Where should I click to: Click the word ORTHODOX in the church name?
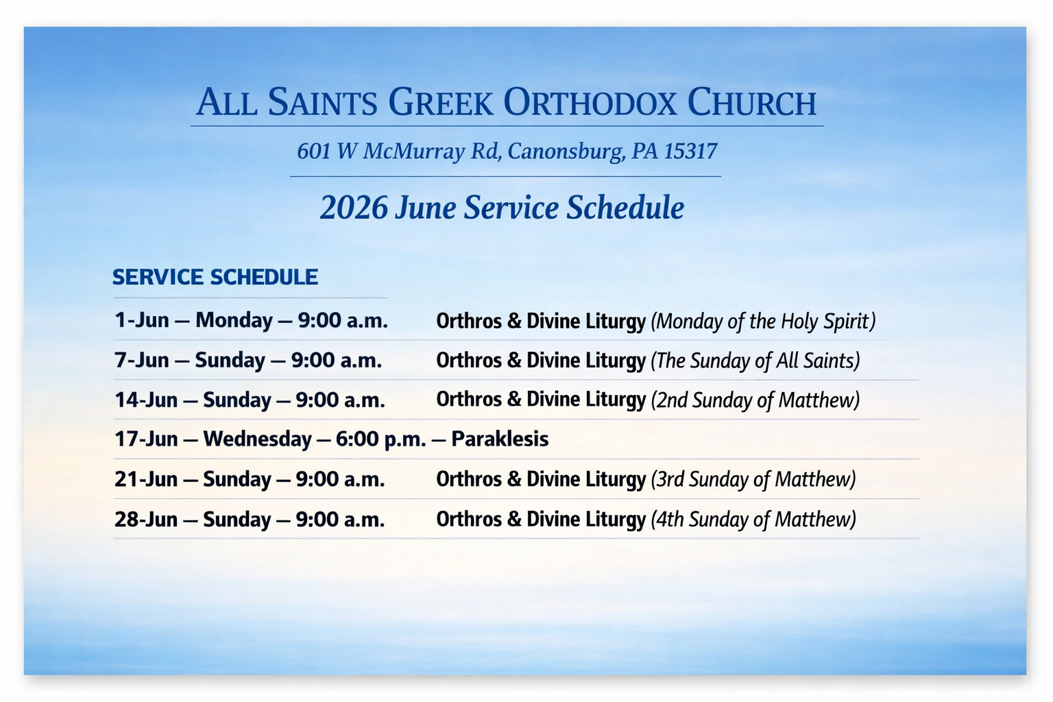[x=590, y=102]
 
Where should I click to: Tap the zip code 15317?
[x=690, y=151]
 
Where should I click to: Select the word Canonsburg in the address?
[x=566, y=152]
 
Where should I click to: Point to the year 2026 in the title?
[x=354, y=207]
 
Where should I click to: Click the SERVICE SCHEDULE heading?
[x=215, y=277]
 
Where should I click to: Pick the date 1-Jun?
[x=141, y=320]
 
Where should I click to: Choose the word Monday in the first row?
[x=234, y=321]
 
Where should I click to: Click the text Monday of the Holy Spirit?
[x=764, y=322]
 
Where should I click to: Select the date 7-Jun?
[x=141, y=360]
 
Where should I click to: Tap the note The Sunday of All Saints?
[x=755, y=361]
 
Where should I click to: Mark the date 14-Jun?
[x=146, y=400]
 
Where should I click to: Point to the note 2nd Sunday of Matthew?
[x=755, y=400]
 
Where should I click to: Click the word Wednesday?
[x=257, y=440]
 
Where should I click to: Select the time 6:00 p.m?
[x=381, y=440]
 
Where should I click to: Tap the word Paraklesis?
[x=500, y=439]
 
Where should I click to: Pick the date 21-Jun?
[x=146, y=480]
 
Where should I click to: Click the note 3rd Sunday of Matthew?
[x=753, y=480]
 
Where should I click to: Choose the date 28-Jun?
[x=146, y=520]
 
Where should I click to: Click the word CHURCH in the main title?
[x=751, y=102]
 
